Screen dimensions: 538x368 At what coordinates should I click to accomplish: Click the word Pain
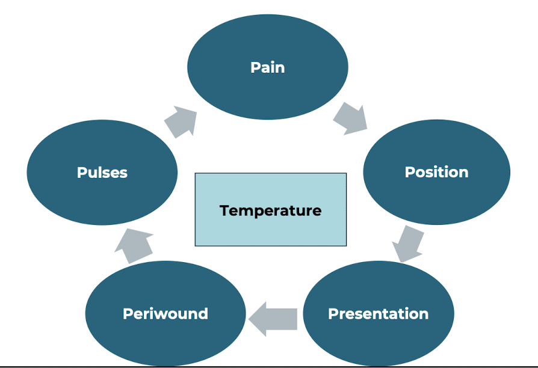pos(268,67)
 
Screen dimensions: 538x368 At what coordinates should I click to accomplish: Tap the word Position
pos(436,172)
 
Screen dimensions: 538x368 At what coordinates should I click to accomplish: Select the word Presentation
pos(379,314)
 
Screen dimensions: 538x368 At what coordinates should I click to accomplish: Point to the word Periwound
pos(165,314)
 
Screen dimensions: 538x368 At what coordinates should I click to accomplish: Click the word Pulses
pos(102,173)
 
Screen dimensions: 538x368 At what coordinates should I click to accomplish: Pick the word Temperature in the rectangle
pos(271,210)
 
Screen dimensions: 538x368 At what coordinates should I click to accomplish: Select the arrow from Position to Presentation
pos(408,244)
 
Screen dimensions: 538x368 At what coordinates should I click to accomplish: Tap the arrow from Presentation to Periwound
pos(273,319)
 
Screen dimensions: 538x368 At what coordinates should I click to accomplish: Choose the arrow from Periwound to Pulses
pos(134,246)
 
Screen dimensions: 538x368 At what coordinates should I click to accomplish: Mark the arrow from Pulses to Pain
pos(181,121)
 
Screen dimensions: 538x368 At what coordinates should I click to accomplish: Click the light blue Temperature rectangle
pos(271,209)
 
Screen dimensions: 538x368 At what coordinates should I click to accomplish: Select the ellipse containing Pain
pos(268,67)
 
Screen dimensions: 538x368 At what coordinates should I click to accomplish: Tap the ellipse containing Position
pos(437,172)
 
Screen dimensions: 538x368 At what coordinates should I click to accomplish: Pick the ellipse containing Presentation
pos(379,313)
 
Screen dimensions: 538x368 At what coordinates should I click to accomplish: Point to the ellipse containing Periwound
pos(165,313)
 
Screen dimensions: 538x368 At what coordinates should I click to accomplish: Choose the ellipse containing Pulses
pos(102,173)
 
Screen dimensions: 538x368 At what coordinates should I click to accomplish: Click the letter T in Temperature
pos(226,210)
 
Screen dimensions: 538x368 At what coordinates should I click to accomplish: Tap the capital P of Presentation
pos(333,314)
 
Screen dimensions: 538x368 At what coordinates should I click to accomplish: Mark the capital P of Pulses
pos(82,173)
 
